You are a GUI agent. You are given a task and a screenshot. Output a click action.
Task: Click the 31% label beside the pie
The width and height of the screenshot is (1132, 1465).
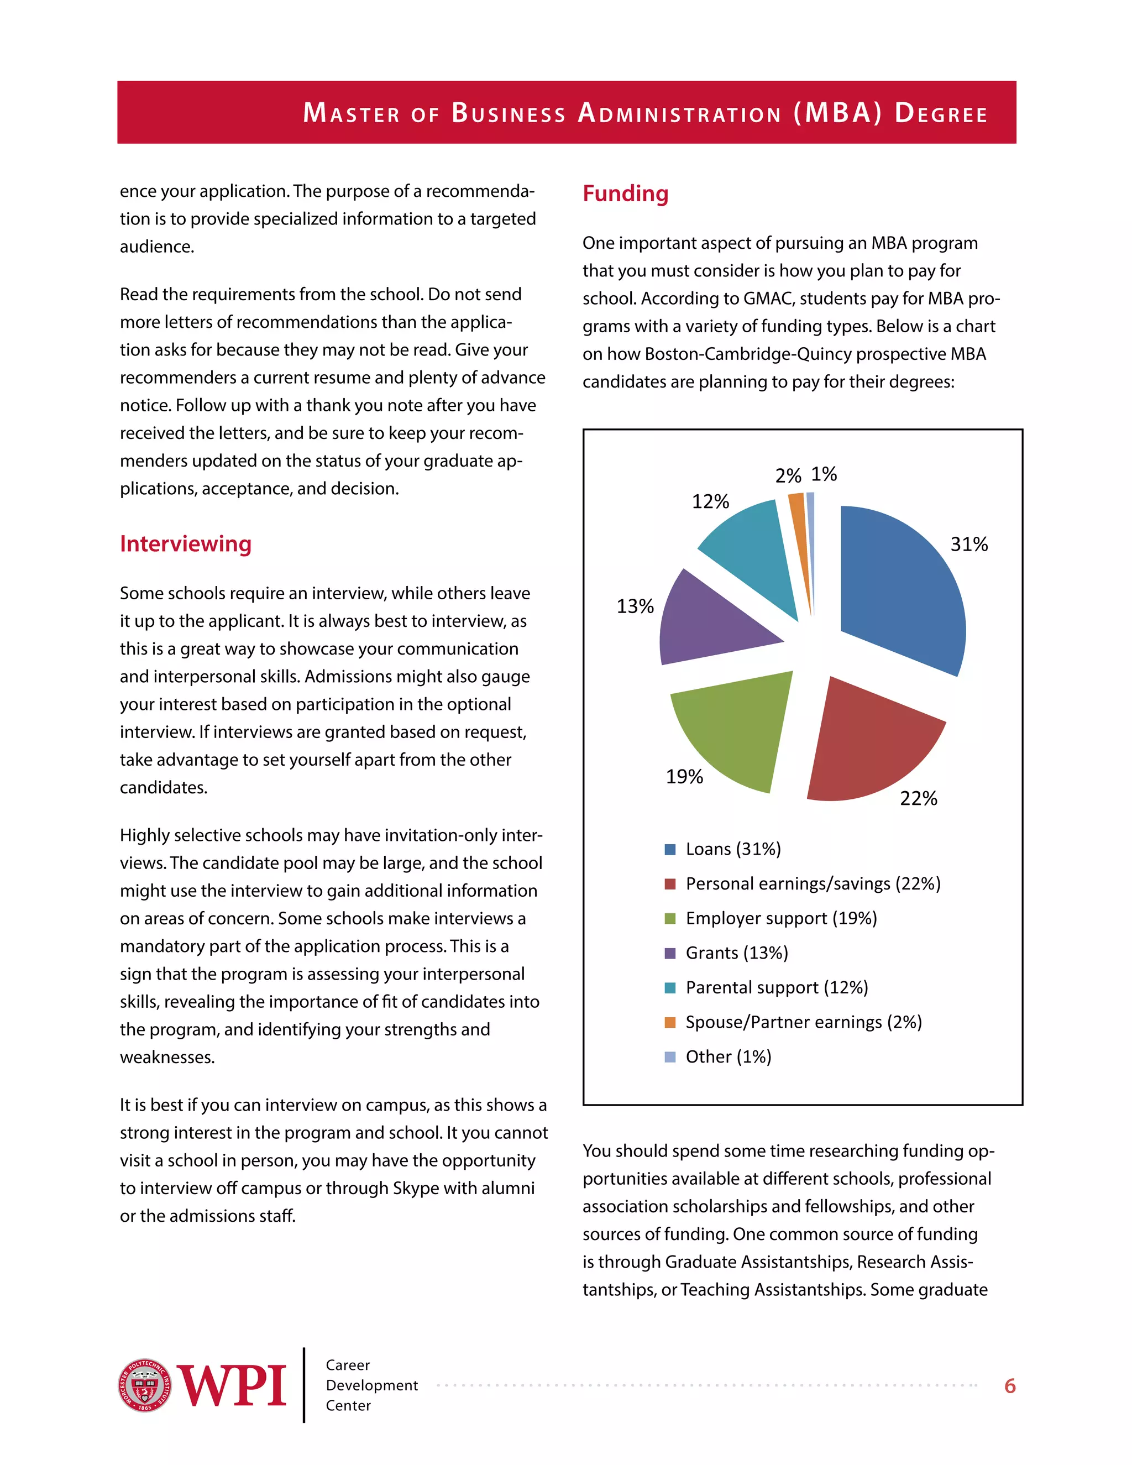969,544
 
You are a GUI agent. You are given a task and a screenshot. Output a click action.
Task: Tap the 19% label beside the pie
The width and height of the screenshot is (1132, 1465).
684,777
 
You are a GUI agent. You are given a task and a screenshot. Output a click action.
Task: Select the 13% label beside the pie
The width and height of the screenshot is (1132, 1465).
635,606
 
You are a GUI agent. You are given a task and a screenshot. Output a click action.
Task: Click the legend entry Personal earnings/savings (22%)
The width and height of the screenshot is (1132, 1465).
813,883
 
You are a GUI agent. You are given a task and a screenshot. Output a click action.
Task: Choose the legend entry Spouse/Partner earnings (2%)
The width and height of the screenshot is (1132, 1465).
803,1022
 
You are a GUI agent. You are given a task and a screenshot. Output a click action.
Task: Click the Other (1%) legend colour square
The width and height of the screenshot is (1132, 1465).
669,1056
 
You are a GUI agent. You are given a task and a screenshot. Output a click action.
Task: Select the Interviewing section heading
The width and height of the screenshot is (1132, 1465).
186,543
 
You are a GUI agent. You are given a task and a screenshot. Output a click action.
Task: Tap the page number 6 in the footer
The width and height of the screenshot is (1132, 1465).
1010,1386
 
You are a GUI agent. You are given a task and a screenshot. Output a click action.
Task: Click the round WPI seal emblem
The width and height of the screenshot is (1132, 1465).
145,1385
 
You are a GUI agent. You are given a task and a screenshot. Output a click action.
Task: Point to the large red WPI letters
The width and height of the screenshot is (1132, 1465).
232,1386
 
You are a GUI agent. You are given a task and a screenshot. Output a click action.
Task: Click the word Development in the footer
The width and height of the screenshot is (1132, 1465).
371,1385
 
